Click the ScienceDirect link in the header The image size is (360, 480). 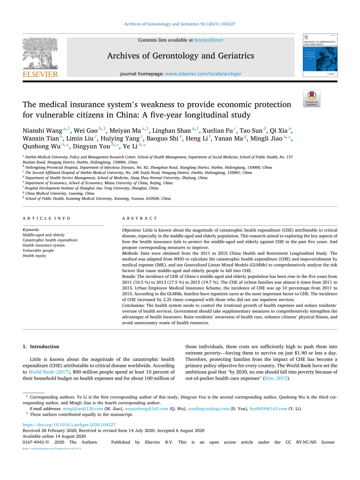pos(208,40)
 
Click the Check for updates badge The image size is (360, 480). pos(311,98)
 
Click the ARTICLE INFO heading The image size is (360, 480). pos(47,219)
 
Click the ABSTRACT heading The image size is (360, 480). pos(139,219)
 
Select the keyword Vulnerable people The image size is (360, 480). pos(38,250)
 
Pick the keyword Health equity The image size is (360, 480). pos(34,256)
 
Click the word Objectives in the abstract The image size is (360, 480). pos(132,230)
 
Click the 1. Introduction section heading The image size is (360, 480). pos(41,347)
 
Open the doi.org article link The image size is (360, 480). pos(69,425)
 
